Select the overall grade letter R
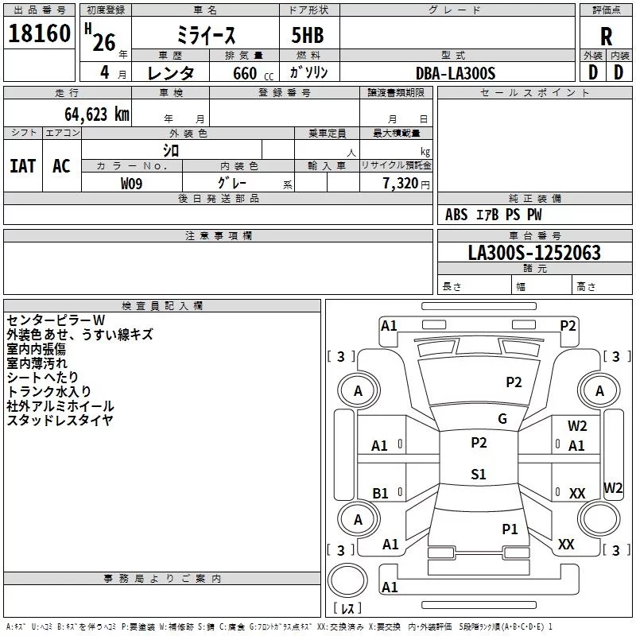pyautogui.click(x=606, y=37)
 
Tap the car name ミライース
pyautogui.click(x=204, y=36)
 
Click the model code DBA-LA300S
pyautogui.click(x=456, y=73)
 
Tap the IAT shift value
pyautogui.click(x=22, y=165)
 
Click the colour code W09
pyautogui.click(x=131, y=184)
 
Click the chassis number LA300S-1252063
pyautogui.click(x=534, y=254)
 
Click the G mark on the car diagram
pyautogui.click(x=502, y=419)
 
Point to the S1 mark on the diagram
pyautogui.click(x=479, y=475)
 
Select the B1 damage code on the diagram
pyautogui.click(x=380, y=494)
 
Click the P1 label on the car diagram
pyautogui.click(x=510, y=529)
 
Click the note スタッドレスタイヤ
pyautogui.click(x=60, y=420)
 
